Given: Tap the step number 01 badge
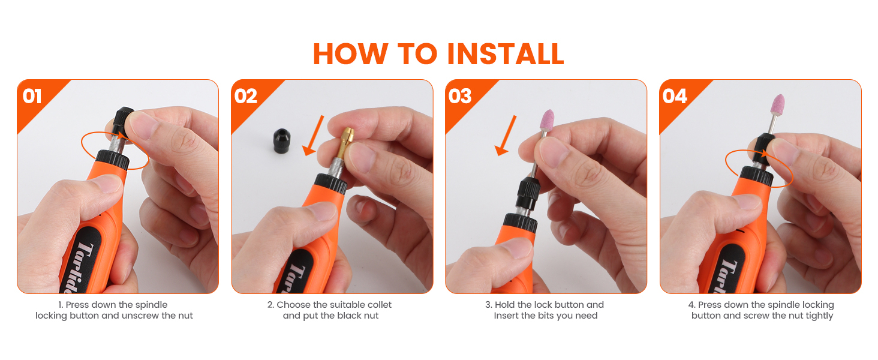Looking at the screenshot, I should pyautogui.click(x=32, y=96).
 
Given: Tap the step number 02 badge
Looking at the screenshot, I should pyautogui.click(x=246, y=96).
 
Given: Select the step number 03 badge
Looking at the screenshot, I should pyautogui.click(x=460, y=96).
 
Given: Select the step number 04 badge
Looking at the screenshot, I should pyautogui.click(x=675, y=96).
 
